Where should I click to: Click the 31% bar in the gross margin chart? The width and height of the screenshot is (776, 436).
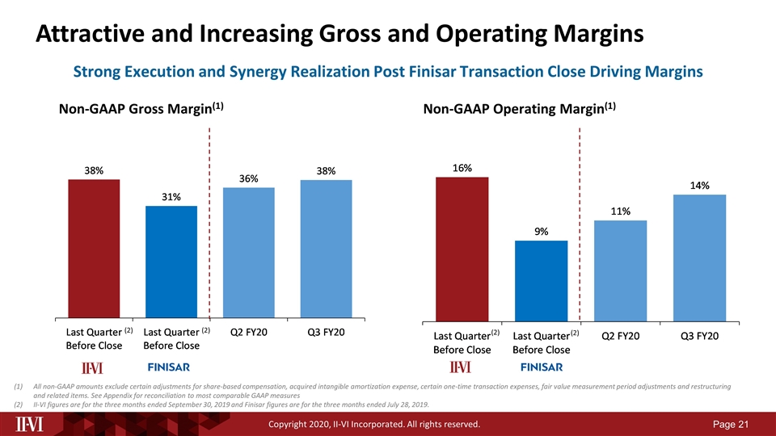pyautogui.click(x=171, y=262)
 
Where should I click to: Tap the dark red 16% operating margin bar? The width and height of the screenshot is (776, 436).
pyautogui.click(x=462, y=248)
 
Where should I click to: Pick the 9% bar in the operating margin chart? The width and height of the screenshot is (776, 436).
pyautogui.click(x=541, y=279)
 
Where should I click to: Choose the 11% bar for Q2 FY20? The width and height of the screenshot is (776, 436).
pyautogui.click(x=620, y=270)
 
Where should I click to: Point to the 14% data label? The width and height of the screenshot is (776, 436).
pyautogui.click(x=699, y=186)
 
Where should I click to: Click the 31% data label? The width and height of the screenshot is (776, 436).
pyautogui.click(x=171, y=197)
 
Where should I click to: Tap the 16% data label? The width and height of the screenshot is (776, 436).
pyautogui.click(x=462, y=168)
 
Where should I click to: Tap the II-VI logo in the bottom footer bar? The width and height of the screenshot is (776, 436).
pyautogui.click(x=32, y=423)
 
